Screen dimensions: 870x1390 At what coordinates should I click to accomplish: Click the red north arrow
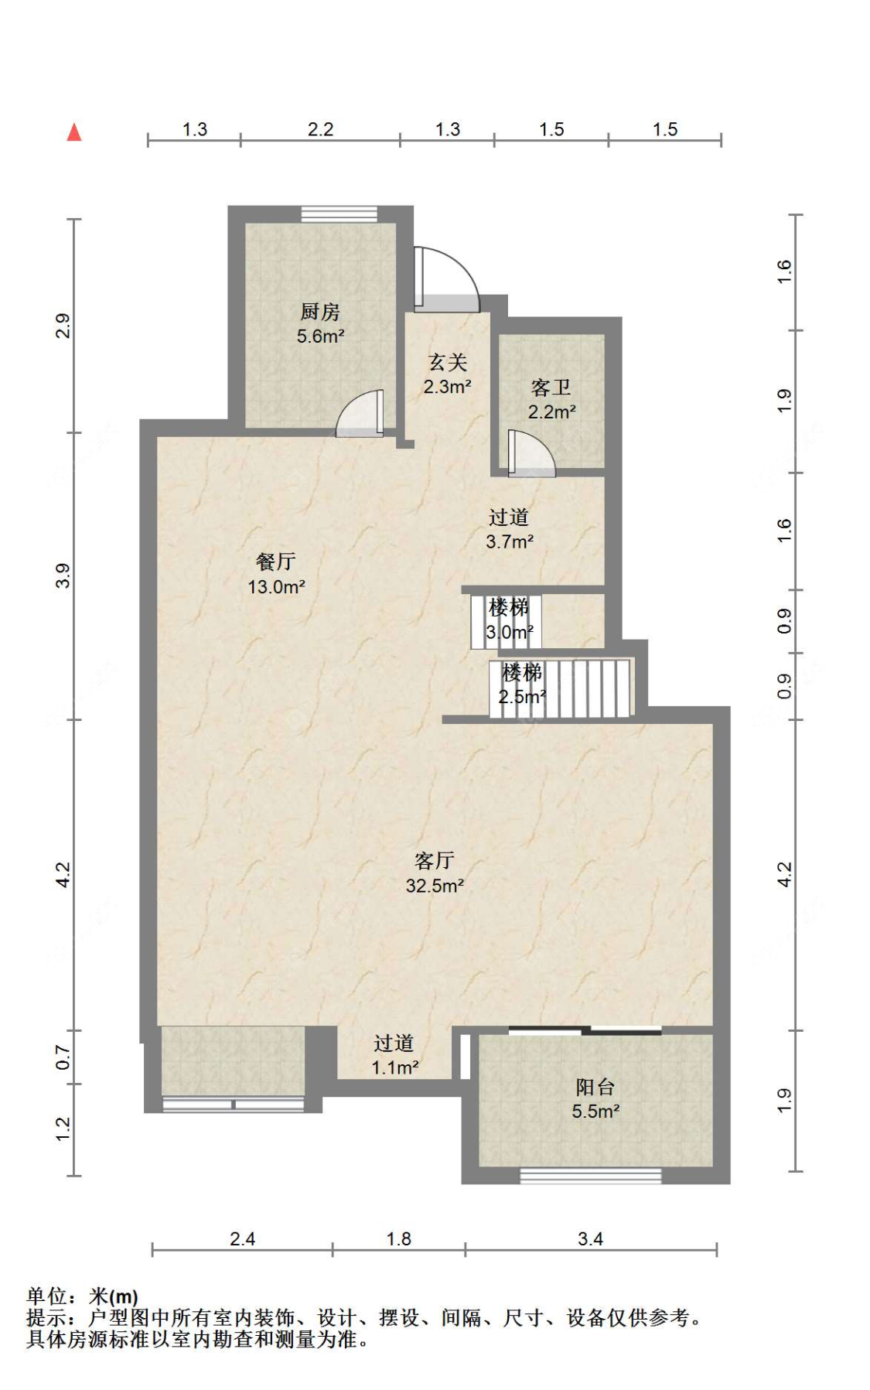tap(74, 132)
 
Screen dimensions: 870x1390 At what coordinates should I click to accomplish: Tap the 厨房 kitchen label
tap(320, 312)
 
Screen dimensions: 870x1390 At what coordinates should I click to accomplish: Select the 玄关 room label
tap(448, 362)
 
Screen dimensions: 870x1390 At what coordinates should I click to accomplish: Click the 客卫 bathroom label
tap(551, 388)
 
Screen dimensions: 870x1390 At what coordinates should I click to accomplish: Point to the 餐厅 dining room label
tap(276, 562)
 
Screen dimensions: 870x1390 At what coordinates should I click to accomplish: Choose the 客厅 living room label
tap(435, 861)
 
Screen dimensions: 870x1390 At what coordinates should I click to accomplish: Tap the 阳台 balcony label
tap(595, 1088)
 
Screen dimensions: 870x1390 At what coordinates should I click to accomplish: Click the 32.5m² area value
tap(435, 886)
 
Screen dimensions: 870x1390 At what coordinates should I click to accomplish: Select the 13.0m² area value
tap(276, 587)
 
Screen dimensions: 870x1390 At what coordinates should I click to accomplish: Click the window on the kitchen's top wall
tap(339, 214)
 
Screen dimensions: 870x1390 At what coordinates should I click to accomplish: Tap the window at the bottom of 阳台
tap(591, 1176)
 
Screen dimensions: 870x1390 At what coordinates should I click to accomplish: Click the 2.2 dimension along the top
tap(320, 129)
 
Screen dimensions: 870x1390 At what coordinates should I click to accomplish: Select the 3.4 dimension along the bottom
tap(590, 1239)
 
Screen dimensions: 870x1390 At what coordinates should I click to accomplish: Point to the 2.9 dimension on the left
tap(63, 326)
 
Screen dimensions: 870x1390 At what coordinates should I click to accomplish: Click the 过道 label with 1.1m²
tap(394, 1043)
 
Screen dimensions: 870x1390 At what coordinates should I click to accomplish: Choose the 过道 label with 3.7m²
tap(509, 517)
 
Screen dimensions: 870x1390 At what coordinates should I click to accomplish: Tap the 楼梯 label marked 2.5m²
tap(522, 672)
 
